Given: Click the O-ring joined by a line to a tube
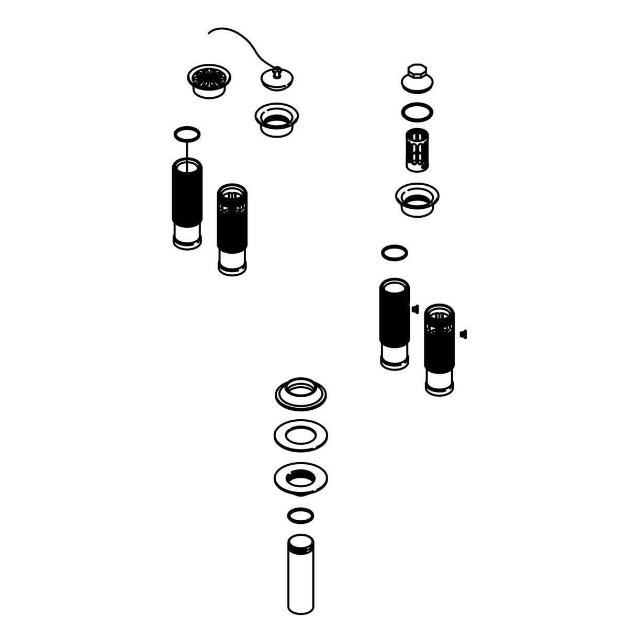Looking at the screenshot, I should (187, 134).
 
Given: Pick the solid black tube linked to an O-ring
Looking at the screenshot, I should (187, 204).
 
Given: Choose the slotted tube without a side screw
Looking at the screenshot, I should (232, 230).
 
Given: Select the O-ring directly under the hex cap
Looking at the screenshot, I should (417, 111).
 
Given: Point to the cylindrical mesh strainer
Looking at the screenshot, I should (417, 149).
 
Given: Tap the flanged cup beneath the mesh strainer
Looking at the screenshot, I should (417, 198).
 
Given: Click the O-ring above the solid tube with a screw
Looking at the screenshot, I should (395, 253).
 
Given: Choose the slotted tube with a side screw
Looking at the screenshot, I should (439, 348).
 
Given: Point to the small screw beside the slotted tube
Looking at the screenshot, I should (463, 333).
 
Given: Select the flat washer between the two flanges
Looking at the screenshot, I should (301, 434).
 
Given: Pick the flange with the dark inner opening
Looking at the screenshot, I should (301, 477).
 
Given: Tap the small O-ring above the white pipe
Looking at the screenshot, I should (301, 515).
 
